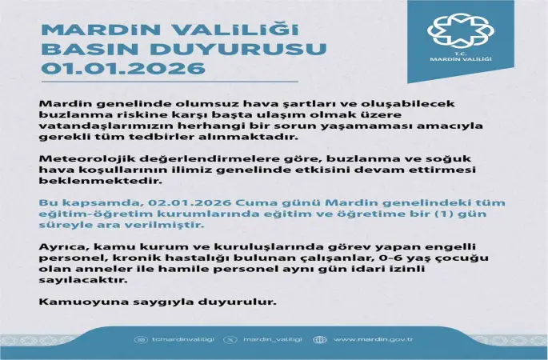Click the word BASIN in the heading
82,50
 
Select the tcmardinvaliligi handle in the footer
178,339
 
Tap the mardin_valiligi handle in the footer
269,339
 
